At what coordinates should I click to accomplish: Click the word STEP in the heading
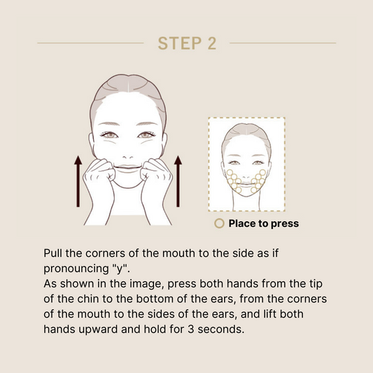(x=180, y=43)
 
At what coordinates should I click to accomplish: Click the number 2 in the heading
(x=212, y=43)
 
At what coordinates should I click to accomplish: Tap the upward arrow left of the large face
(x=78, y=181)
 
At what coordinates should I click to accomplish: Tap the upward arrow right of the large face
(x=178, y=181)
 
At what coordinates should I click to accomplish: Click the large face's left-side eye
(x=109, y=135)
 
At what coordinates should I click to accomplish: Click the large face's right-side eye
(x=146, y=135)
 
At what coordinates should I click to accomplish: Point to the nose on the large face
(x=128, y=157)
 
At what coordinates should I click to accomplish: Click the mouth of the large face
(x=128, y=167)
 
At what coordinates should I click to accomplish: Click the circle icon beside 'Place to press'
(x=219, y=224)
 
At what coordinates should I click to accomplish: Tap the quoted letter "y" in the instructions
(x=120, y=268)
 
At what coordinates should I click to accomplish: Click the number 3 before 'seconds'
(x=191, y=329)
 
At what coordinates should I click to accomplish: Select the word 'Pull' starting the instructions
(x=53, y=253)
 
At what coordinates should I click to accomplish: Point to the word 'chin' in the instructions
(x=87, y=299)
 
